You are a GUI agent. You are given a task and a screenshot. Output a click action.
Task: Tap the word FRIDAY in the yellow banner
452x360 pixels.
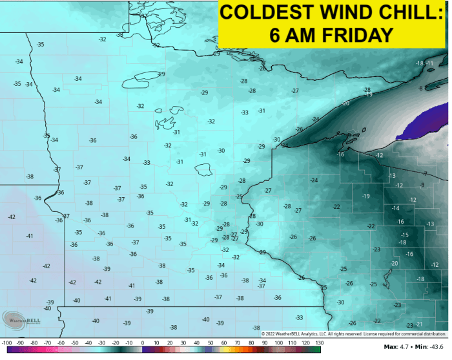point(366,34)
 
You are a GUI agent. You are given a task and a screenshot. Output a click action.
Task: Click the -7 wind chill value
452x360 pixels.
point(425,173)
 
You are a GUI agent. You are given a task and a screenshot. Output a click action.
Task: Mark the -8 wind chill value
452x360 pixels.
point(420,88)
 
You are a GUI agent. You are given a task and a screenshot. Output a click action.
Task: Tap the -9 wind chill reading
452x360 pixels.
point(422,185)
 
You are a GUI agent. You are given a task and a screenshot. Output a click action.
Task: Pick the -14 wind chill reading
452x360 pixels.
point(395,208)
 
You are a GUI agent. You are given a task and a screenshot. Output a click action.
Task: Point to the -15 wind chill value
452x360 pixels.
point(404,235)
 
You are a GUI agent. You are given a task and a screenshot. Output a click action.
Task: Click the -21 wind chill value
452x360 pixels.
point(418,324)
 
